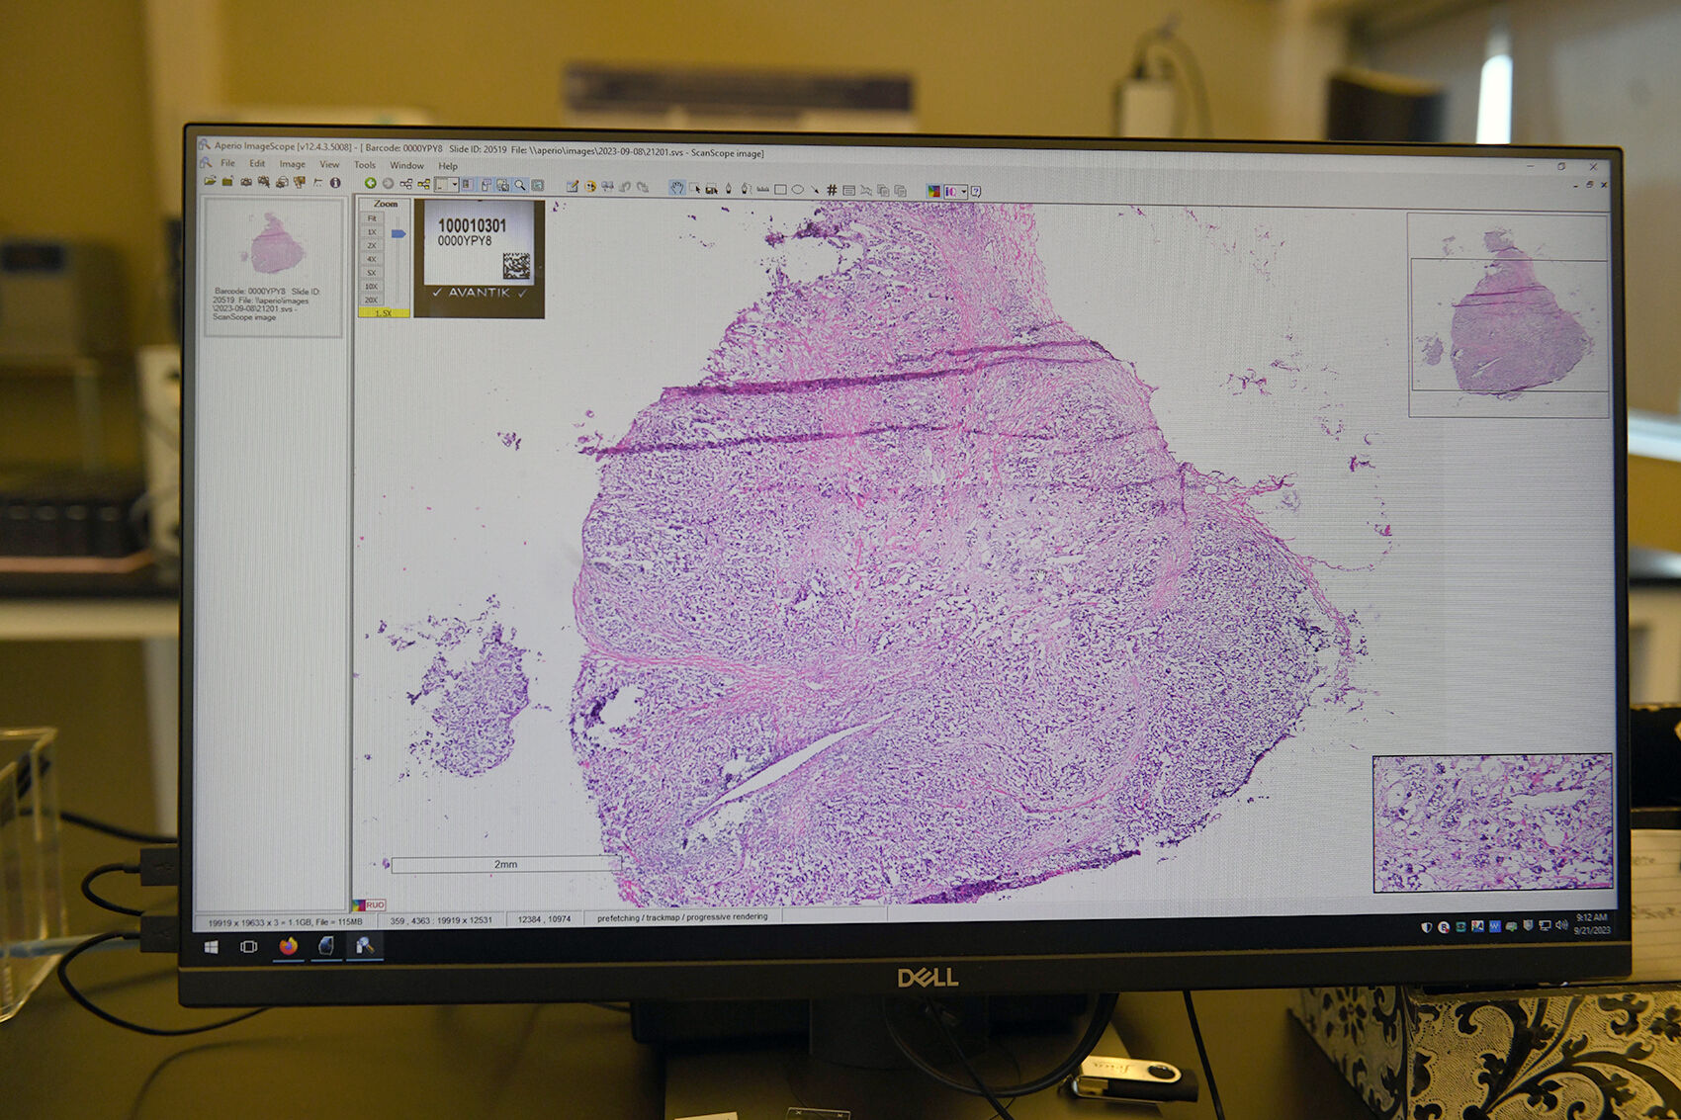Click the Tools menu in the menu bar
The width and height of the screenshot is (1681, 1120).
pyautogui.click(x=365, y=165)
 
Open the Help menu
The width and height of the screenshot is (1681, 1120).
pyautogui.click(x=448, y=166)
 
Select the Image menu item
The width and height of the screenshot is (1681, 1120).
pyautogui.click(x=292, y=164)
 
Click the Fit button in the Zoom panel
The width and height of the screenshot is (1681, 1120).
pyautogui.click(x=372, y=217)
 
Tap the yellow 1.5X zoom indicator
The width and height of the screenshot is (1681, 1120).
pyautogui.click(x=384, y=312)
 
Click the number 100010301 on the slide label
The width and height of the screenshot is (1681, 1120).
pyautogui.click(x=472, y=225)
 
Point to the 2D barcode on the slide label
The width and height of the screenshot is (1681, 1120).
pyautogui.click(x=516, y=266)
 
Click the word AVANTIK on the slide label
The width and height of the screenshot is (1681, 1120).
pyautogui.click(x=479, y=293)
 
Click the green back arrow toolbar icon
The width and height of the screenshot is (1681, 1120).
pyautogui.click(x=370, y=183)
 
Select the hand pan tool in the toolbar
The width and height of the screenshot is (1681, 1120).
pyautogui.click(x=676, y=188)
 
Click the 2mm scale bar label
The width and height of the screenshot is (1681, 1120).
pyautogui.click(x=505, y=864)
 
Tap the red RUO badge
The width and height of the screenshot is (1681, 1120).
pyautogui.click(x=374, y=905)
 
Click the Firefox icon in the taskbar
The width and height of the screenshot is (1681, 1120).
pyautogui.click(x=288, y=946)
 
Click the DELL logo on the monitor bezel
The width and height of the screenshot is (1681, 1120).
pyautogui.click(x=927, y=978)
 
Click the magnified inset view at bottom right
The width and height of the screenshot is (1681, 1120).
pyautogui.click(x=1492, y=821)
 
